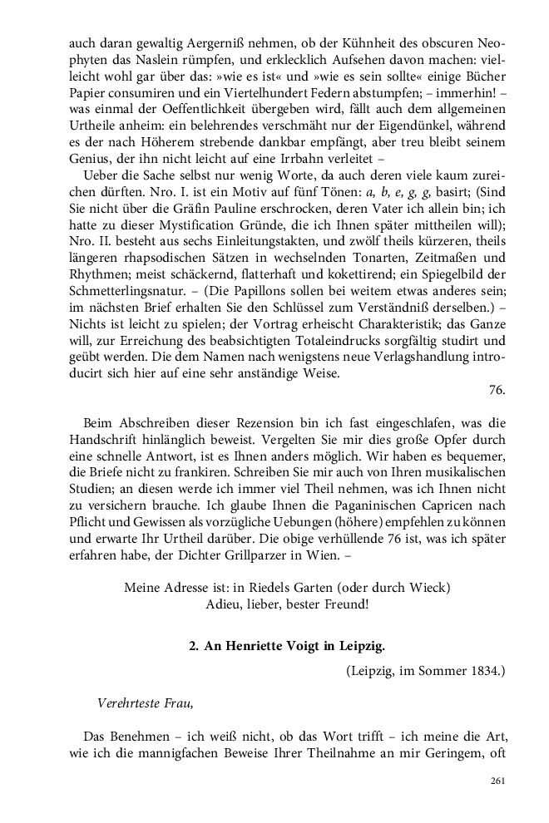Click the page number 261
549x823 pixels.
coord(497,781)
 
